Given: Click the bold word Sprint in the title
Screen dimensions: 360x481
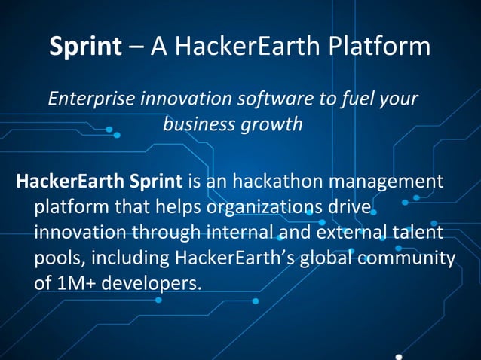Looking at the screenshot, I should [x=85, y=47].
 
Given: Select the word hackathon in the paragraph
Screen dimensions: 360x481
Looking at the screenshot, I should [x=279, y=182].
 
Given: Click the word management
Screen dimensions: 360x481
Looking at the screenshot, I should [x=391, y=182].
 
